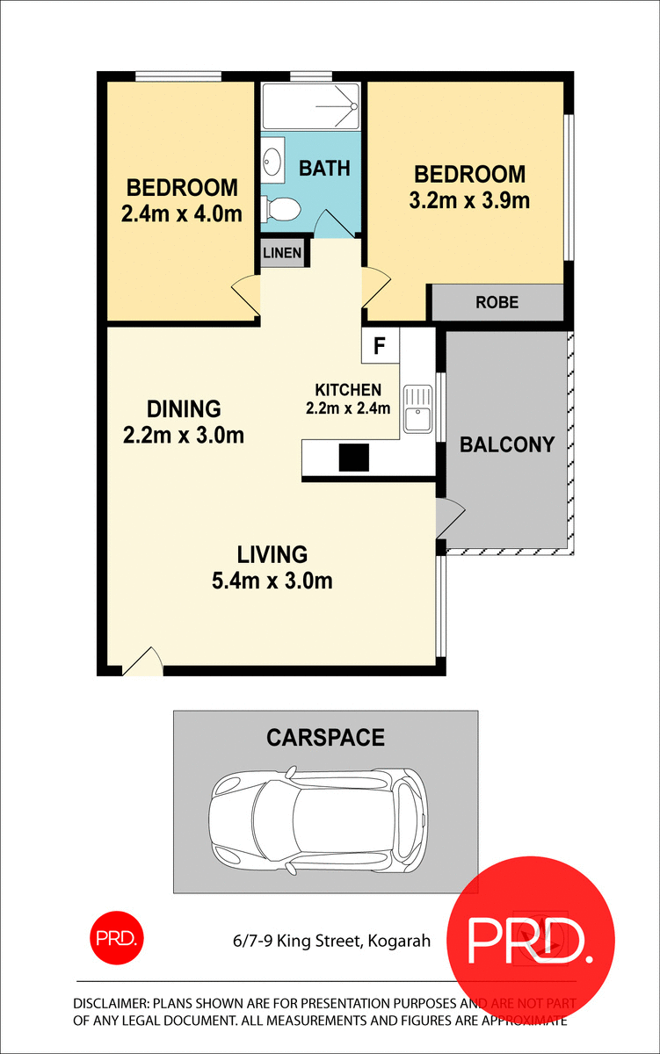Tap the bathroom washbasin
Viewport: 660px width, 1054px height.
tap(272, 161)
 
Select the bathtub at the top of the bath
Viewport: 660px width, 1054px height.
tap(311, 107)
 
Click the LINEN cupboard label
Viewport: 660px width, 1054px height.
tap(283, 254)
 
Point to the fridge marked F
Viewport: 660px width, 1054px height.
tap(380, 345)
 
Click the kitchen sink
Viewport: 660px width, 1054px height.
tap(418, 410)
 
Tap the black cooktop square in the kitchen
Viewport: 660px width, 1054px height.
tap(354, 458)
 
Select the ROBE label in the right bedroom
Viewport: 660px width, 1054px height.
tap(497, 302)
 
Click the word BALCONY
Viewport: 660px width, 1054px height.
tap(507, 444)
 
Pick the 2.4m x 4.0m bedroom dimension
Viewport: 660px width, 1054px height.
tap(182, 213)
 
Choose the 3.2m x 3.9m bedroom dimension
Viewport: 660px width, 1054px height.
tap(469, 200)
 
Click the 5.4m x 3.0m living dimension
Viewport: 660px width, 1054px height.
tap(272, 581)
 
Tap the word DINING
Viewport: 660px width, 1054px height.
tap(183, 408)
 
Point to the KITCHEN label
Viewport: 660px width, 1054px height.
tap(348, 390)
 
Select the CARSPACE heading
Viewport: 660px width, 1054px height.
tap(325, 737)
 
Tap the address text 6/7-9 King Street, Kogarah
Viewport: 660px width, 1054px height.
tap(325, 942)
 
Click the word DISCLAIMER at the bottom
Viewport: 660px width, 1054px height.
tap(112, 1003)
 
